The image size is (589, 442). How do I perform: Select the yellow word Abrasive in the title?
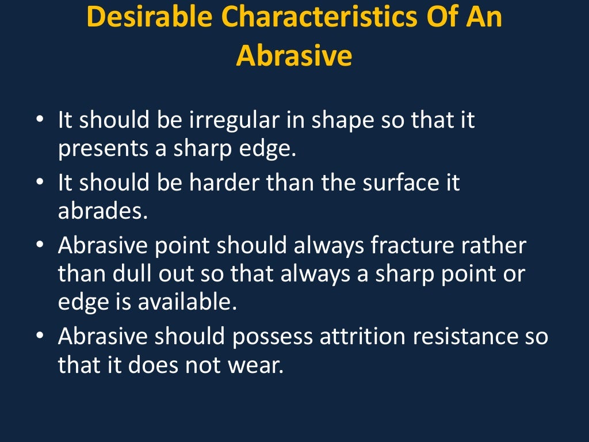[x=294, y=56]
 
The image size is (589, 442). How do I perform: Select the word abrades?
[x=103, y=211]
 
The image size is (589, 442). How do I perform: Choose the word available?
[x=187, y=300]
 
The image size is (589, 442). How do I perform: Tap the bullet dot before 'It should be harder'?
[x=39, y=184]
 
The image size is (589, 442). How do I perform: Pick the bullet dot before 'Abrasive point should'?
[x=39, y=246]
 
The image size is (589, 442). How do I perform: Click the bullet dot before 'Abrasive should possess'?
[x=39, y=336]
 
